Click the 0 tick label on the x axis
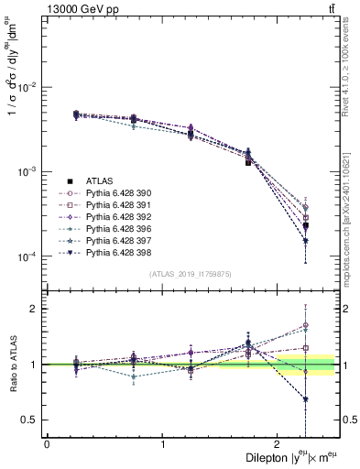[x=47, y=443]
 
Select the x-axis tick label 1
[x=163, y=443]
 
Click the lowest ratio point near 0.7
[x=305, y=399]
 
